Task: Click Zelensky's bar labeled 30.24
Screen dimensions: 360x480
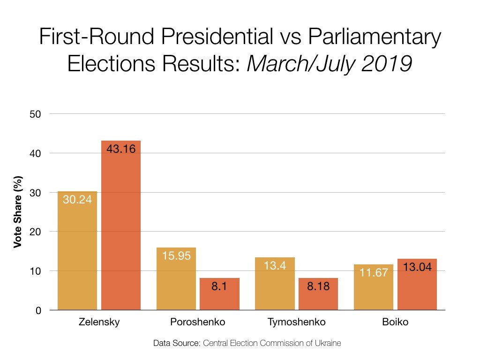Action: click(x=77, y=250)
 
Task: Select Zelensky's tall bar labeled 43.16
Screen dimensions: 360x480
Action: click(x=121, y=225)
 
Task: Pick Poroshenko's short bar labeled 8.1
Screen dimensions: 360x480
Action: click(x=219, y=294)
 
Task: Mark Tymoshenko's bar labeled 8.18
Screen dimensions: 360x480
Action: click(x=318, y=294)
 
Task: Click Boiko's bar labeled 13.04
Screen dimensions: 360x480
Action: click(x=417, y=284)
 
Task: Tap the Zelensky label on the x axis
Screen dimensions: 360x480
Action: click(x=99, y=322)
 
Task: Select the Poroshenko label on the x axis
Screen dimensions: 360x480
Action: click(x=197, y=322)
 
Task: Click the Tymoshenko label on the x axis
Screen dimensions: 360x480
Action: click(x=296, y=322)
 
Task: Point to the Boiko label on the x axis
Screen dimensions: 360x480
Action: click(x=395, y=322)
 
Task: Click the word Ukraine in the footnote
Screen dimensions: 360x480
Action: click(x=327, y=343)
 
